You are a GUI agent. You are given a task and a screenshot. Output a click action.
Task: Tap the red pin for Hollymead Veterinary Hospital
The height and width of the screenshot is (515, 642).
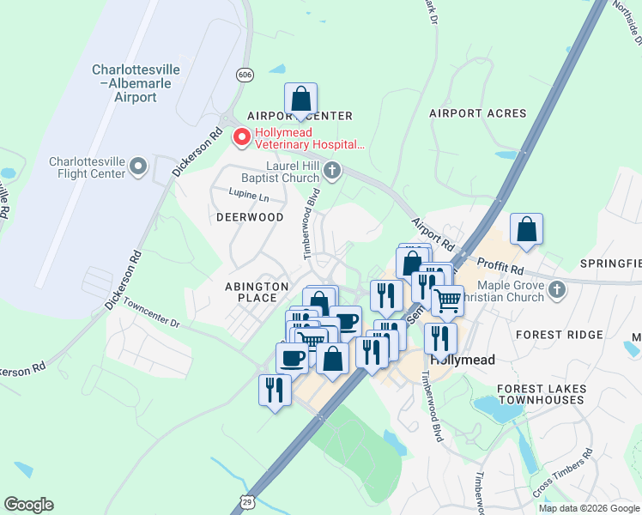[x=242, y=136]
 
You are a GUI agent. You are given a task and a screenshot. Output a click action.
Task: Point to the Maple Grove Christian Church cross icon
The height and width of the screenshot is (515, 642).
[x=558, y=288]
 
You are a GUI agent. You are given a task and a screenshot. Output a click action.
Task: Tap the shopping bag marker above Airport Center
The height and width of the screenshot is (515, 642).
[x=301, y=99]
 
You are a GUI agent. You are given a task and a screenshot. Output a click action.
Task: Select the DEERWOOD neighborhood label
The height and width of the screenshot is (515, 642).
[x=249, y=217]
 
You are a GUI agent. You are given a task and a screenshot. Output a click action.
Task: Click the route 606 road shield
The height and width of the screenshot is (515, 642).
[x=246, y=76]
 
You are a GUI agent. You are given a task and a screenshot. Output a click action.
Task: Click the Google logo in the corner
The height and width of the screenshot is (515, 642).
[x=29, y=505]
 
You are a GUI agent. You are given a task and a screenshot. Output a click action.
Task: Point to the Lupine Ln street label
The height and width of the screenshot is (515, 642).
[x=249, y=197]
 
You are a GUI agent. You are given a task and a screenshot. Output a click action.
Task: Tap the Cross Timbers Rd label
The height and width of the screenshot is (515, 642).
[x=562, y=473]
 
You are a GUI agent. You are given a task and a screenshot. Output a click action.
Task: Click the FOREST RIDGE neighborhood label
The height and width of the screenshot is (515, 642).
[x=551, y=335]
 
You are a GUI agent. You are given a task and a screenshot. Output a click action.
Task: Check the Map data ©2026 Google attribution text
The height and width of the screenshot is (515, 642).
[x=589, y=508]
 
